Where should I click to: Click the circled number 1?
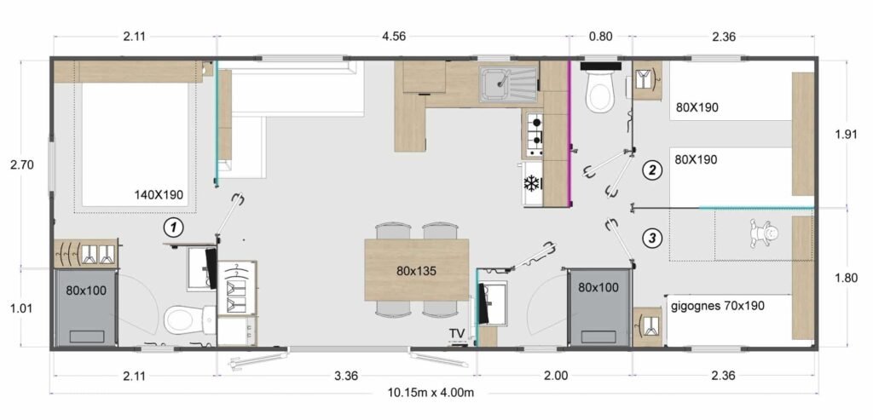pos(174,227)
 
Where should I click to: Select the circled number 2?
pos(652,170)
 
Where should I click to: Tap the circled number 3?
pos(652,239)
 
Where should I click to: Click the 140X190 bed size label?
pos(159,195)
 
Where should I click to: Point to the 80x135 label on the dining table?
pos(417,271)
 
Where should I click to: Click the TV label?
pos(458,333)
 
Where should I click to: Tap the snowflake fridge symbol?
pos(531,182)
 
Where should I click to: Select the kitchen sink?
pos(508,83)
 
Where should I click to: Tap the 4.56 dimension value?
pos(393,36)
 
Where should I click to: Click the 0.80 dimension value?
pos(601,36)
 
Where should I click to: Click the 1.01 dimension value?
pos(23,308)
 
